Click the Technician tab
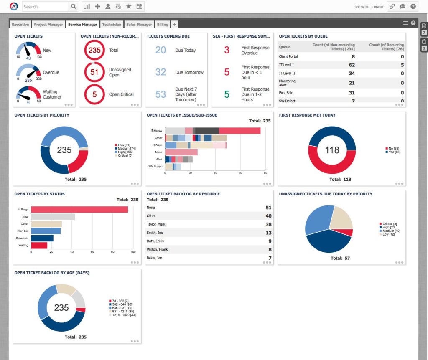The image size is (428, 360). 111,25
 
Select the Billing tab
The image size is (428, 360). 163,25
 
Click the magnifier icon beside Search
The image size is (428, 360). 74,6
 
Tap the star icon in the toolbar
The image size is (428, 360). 129,6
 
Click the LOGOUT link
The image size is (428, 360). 378,7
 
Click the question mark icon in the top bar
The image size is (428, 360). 413,6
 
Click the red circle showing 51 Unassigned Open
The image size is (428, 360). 94,72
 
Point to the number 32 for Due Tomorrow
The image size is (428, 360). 161,72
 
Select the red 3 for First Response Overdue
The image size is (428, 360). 227,51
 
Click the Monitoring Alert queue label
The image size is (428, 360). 287,83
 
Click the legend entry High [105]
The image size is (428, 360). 125,152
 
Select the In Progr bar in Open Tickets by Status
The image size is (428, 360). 79,210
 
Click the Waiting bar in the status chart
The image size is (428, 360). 39,245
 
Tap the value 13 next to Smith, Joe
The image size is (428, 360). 268,233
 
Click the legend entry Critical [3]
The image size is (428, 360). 389,224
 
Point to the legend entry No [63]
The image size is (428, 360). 393,148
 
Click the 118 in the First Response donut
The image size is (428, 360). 332,150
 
